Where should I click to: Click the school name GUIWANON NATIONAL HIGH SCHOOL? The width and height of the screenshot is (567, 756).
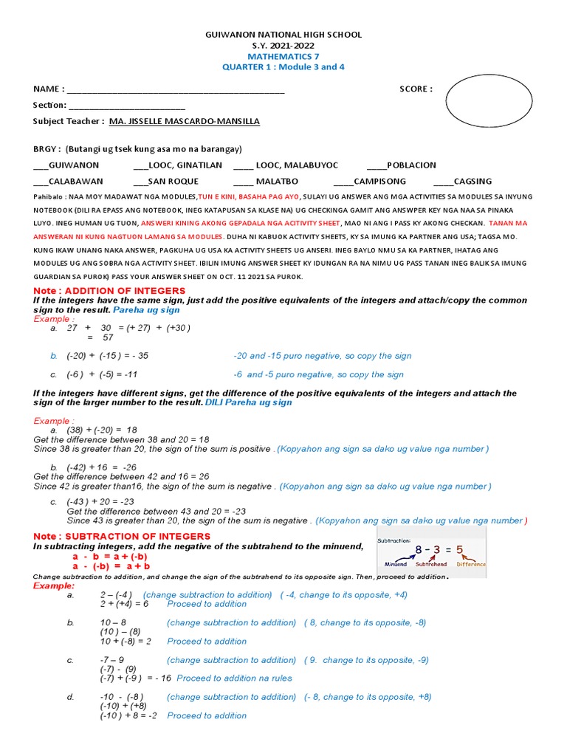[283, 35]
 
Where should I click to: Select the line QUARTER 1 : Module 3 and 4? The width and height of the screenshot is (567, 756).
[283, 67]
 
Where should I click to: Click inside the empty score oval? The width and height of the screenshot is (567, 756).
[489, 101]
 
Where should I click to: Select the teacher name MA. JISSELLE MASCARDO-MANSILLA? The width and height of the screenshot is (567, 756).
[184, 122]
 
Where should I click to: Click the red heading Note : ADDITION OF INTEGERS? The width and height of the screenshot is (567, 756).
[97, 291]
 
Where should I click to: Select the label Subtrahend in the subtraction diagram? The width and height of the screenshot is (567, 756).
[431, 564]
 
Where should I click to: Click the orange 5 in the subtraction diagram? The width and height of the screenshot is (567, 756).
[459, 550]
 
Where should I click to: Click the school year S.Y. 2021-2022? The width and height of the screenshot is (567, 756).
[283, 45]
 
